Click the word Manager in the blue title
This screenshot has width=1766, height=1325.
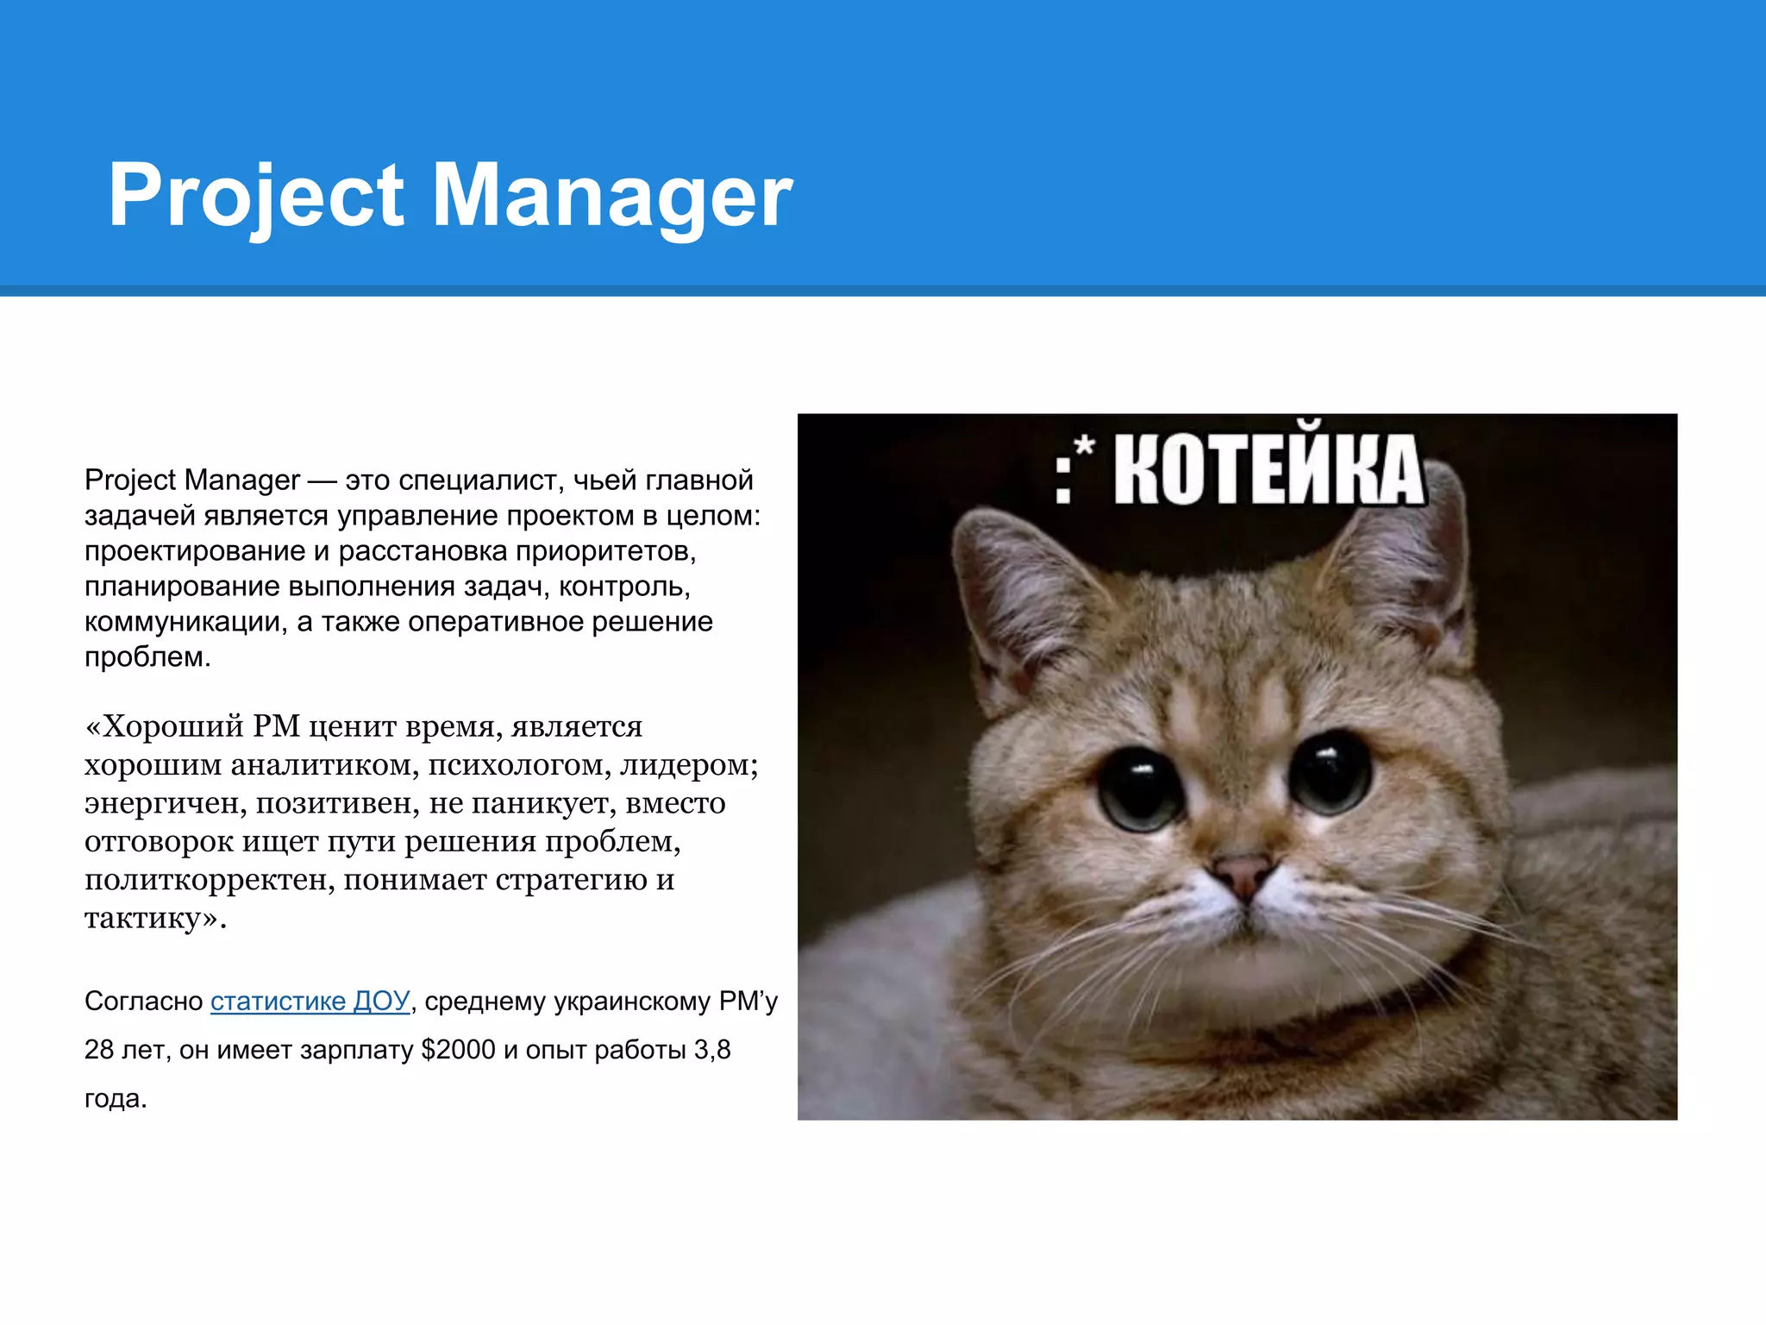click(x=611, y=197)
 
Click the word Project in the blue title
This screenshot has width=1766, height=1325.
click(x=255, y=197)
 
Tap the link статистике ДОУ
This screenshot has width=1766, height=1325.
click(x=310, y=1001)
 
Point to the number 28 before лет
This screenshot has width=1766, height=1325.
click(x=99, y=1050)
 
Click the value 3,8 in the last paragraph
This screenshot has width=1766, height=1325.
click(x=712, y=1050)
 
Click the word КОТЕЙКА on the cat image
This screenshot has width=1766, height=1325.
click(x=1268, y=470)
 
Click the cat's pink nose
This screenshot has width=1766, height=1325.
click(x=1243, y=873)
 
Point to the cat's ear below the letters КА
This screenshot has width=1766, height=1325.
click(x=1414, y=569)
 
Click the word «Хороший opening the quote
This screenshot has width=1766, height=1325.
click(x=164, y=726)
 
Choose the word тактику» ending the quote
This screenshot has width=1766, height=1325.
click(x=155, y=917)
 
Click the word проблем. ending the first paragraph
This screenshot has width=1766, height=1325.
click(x=147, y=657)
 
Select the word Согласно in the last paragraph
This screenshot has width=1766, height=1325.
click(x=143, y=1001)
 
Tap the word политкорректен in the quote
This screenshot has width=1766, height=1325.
click(x=210, y=879)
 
